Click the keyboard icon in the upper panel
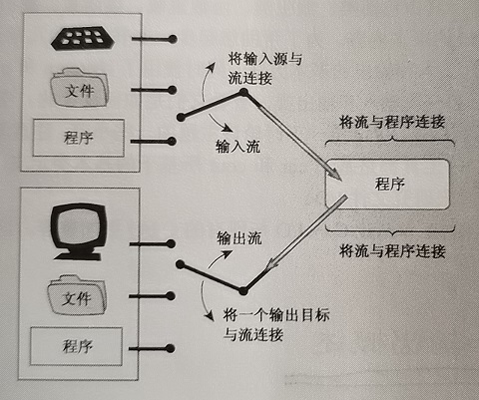(83, 39)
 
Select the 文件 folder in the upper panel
(79, 87)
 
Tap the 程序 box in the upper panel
(79, 138)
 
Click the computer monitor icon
(79, 231)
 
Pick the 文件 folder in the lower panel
(77, 294)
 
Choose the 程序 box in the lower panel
(77, 346)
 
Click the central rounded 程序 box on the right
(388, 184)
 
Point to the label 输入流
(238, 147)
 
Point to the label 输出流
(239, 238)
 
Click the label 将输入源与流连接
(264, 69)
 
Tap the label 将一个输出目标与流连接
(276, 324)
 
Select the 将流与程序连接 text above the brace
(392, 122)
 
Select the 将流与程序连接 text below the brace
(392, 250)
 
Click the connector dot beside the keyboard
(172, 39)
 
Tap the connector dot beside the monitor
(171, 244)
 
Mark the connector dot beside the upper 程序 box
(172, 142)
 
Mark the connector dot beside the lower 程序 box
(171, 348)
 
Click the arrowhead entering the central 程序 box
(336, 176)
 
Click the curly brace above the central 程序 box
(390, 139)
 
